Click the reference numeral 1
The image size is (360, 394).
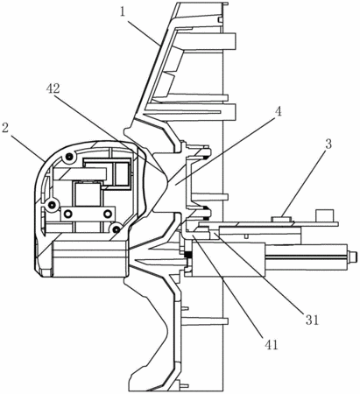123,12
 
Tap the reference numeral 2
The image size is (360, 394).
5,128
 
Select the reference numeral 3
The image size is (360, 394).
328,144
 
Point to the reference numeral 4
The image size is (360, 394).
279,111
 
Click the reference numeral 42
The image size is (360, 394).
53,88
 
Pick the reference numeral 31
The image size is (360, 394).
312,320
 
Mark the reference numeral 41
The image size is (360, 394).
272,345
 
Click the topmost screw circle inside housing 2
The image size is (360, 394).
69,157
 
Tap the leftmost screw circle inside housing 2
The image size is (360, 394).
52,205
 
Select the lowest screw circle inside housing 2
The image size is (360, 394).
116,229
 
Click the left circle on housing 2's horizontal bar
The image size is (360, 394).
67,214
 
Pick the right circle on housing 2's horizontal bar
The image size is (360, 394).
108,214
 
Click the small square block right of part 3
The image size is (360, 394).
325,215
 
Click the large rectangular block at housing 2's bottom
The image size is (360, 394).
89,258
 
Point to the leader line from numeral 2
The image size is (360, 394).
27,146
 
